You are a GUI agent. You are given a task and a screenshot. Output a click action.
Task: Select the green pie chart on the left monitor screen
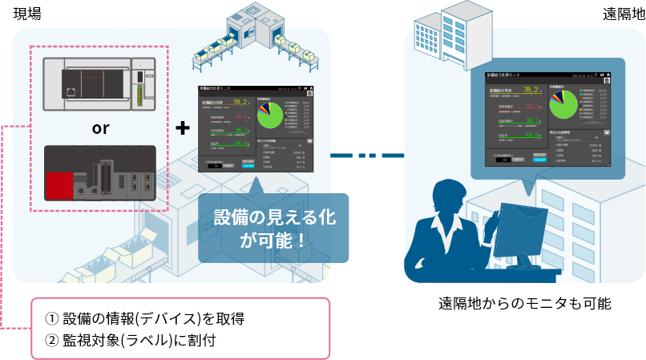point(271,115)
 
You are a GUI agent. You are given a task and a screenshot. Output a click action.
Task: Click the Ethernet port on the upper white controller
point(75,83)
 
